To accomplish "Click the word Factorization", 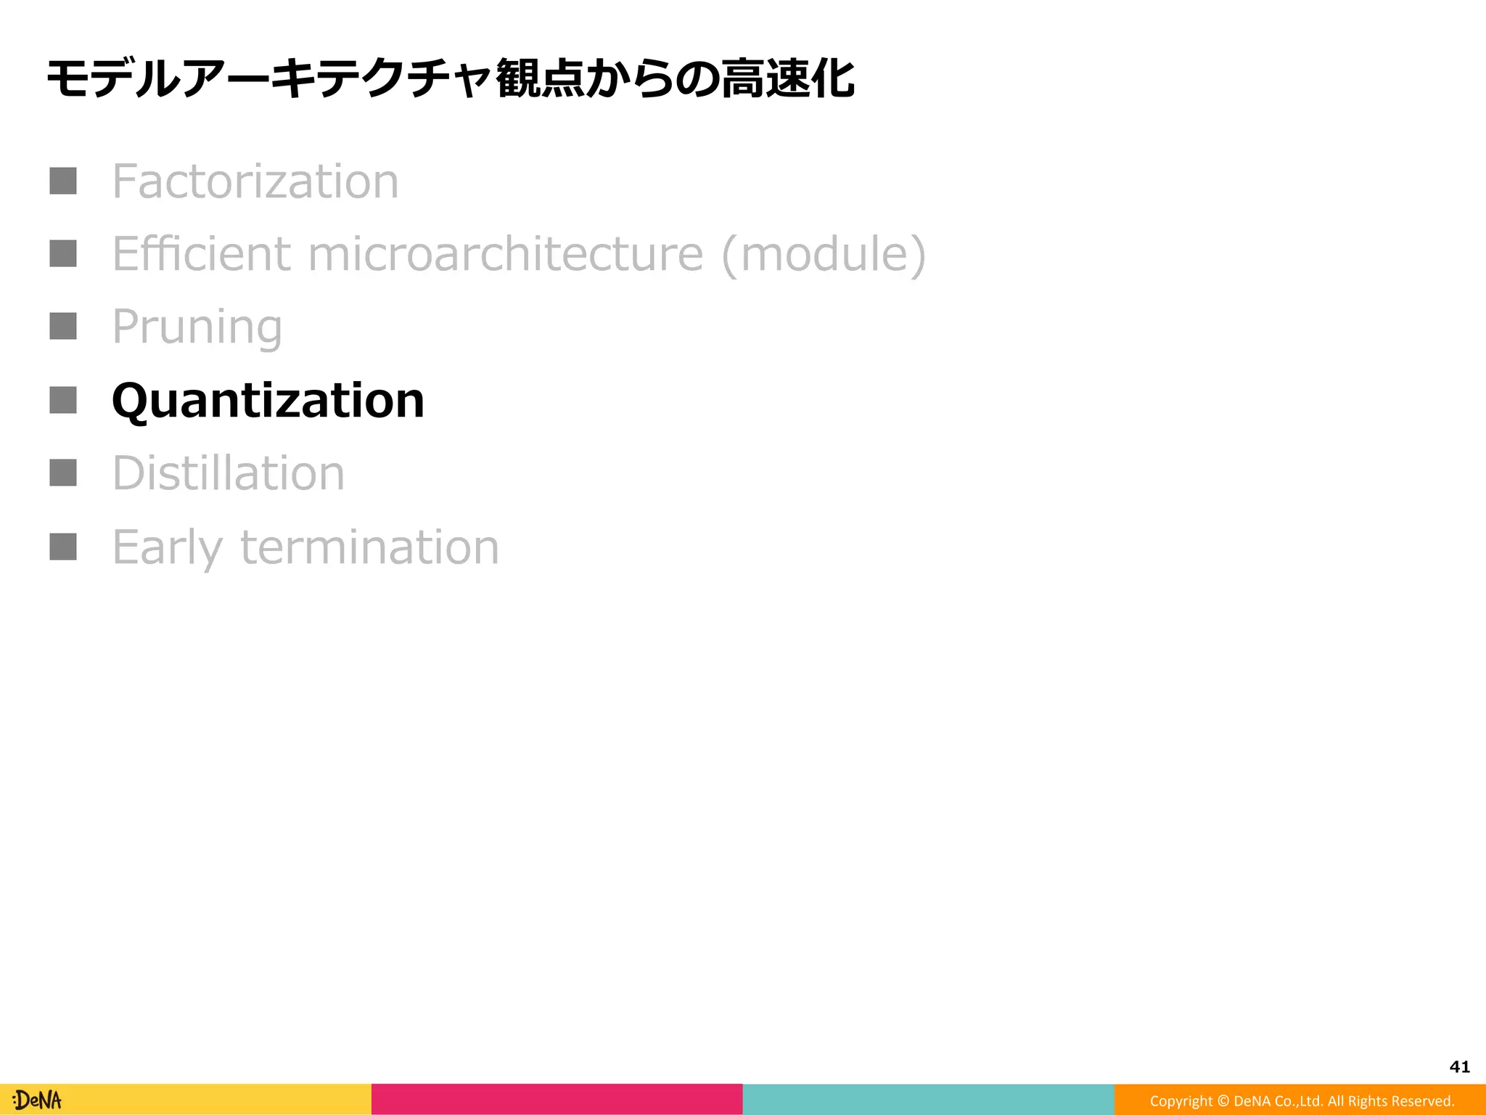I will click(255, 181).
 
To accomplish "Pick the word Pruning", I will click(197, 327).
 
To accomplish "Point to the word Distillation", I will click(228, 473).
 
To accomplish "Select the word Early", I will click(167, 547).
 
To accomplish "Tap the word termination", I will click(369, 547).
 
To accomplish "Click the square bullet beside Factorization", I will click(63, 181).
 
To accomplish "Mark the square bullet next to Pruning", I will click(63, 327).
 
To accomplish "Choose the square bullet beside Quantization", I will click(63, 400).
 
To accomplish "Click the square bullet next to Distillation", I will click(63, 473).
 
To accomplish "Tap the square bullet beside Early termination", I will click(63, 547).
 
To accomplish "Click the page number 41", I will click(1459, 1066).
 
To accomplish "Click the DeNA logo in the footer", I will click(37, 1100).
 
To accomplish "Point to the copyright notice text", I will click(1302, 1101).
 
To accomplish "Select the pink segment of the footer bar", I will click(557, 1100).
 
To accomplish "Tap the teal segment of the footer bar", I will click(928, 1100).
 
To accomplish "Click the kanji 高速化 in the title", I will click(787, 78).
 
